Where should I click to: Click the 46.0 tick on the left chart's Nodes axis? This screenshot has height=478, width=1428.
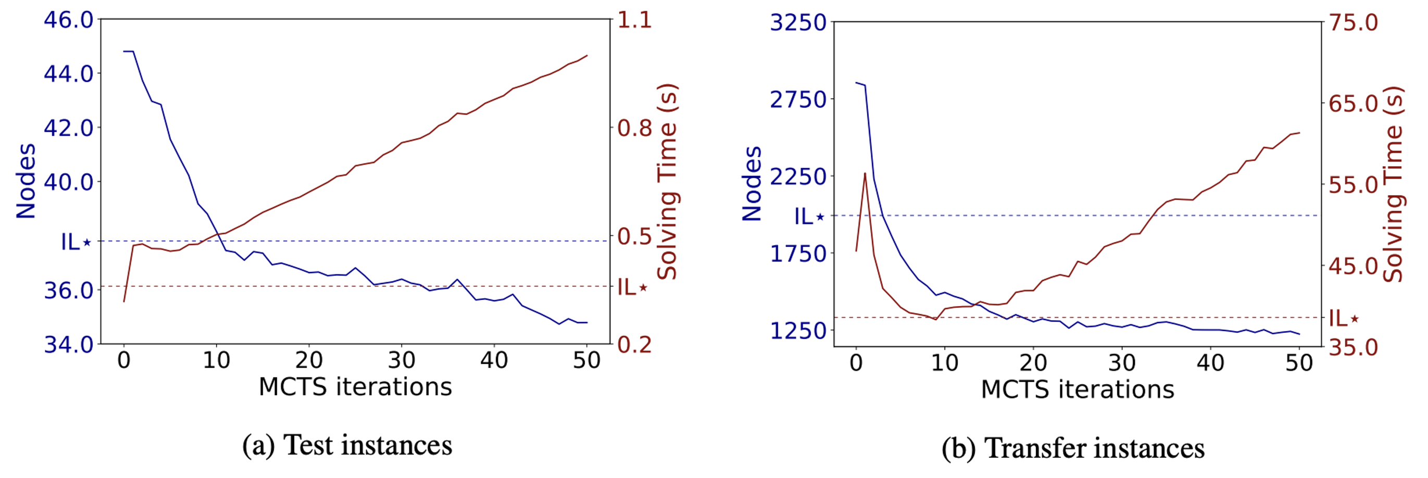(69, 20)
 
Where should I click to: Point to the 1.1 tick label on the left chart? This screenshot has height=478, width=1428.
(634, 20)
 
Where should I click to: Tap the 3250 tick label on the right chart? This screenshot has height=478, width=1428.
(798, 23)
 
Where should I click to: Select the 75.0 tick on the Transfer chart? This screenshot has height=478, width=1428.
(1353, 23)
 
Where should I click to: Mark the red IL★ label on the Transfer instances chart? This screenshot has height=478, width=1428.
(1344, 319)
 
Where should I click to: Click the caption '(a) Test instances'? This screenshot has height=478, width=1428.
(347, 445)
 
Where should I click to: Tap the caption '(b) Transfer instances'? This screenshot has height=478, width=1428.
(1073, 448)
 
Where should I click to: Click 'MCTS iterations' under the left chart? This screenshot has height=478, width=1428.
(355, 387)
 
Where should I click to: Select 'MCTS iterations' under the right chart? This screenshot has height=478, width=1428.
(1078, 390)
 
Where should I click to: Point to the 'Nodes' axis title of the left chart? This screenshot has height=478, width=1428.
(26, 181)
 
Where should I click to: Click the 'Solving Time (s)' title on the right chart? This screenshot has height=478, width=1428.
(1393, 184)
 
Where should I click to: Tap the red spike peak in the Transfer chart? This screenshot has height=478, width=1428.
(865, 173)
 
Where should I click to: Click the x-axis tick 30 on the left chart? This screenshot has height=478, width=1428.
(402, 361)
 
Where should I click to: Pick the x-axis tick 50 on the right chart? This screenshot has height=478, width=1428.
(1299, 364)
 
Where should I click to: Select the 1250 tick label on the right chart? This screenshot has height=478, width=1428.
(798, 331)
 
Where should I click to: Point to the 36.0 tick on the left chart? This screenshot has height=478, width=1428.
(69, 290)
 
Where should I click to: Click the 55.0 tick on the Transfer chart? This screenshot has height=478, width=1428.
(1353, 185)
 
